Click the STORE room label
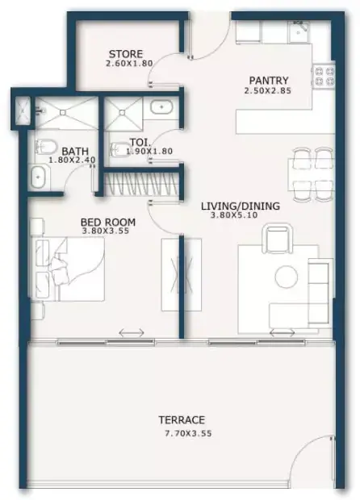coord(125,54)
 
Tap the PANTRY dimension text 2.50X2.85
coord(267,91)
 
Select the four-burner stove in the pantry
coord(324,75)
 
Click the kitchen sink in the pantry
coord(299,32)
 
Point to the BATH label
coord(75,151)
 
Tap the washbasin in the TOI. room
coord(161,107)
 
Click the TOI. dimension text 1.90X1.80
coord(149,151)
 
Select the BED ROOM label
coord(108,222)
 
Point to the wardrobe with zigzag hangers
coord(141,184)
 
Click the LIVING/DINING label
coord(241,206)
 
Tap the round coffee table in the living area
coord(287,277)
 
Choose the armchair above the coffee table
coord(277,238)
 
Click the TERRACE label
coord(182,419)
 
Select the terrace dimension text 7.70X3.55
coord(188,433)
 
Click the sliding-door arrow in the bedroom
coord(132,333)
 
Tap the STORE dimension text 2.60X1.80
coord(129,63)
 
